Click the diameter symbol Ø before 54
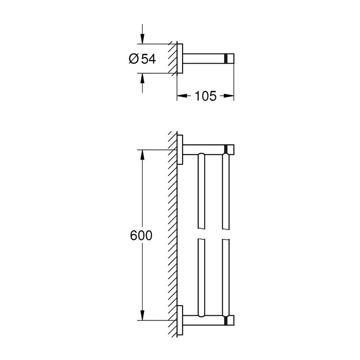[133, 59]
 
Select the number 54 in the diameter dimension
[148, 59]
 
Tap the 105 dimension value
[205, 96]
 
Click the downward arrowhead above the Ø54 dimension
[142, 39]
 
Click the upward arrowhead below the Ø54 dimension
[142, 78]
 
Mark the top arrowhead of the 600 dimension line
[142, 154]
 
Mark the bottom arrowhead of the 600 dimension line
[142, 315]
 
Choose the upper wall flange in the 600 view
[180, 150]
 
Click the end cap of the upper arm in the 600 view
[230, 150]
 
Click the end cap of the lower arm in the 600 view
[230, 320]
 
